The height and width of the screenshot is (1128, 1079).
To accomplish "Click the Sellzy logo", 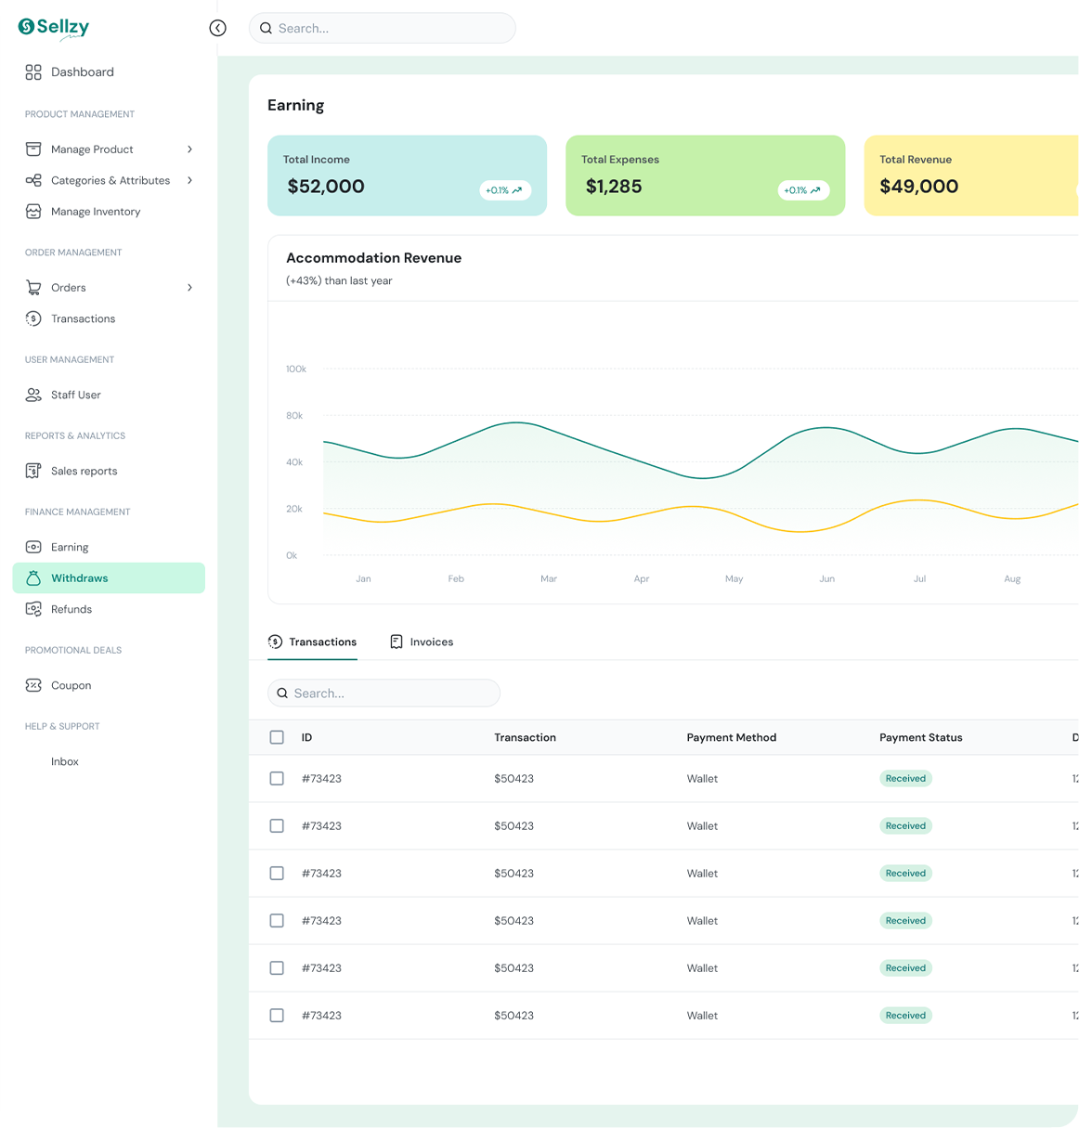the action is coord(53,28).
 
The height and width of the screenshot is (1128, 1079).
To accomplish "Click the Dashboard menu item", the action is coord(70,71).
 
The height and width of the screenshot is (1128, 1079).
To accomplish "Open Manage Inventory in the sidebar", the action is coord(83,212).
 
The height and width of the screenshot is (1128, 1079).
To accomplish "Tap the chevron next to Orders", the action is coord(189,288).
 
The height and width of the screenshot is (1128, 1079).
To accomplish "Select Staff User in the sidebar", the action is coord(63,395).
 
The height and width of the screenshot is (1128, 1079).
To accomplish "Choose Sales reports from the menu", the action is coord(71,471).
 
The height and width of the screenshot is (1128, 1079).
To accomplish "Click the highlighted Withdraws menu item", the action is coord(109,577).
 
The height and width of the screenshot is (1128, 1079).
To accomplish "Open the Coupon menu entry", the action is coord(58,685).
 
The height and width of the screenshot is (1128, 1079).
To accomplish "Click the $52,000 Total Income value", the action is coord(326,186).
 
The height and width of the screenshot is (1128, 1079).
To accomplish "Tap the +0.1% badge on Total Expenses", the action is coord(803,190).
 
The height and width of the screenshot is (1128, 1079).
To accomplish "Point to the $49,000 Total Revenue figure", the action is coord(919,186).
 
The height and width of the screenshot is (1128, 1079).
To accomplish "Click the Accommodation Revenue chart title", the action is coord(374,258).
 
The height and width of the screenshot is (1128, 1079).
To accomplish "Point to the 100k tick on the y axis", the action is coord(295,369).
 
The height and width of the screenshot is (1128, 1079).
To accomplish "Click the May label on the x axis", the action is coord(734,578).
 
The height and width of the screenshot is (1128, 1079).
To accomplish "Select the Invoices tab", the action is coord(422,642).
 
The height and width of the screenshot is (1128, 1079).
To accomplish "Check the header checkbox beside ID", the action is coord(277,737).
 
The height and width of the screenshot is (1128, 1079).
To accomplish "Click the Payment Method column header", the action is coord(731,737).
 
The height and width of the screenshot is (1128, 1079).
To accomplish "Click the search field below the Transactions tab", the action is coord(383,693).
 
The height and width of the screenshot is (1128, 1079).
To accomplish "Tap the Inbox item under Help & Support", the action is coord(64,761).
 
